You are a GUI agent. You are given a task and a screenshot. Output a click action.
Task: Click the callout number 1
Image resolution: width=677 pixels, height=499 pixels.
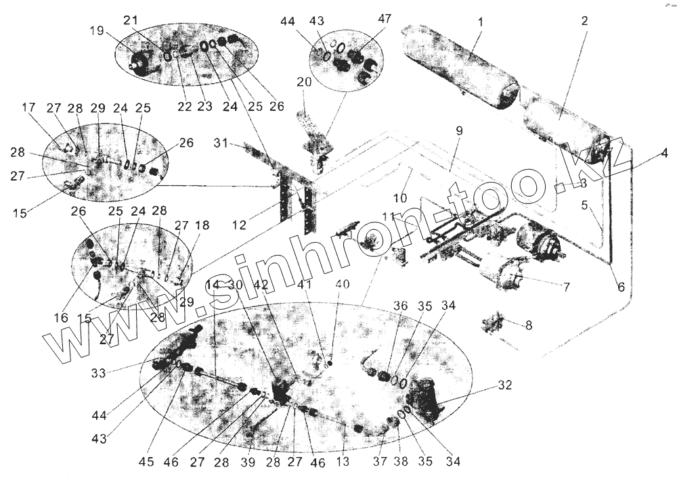coord(480,22)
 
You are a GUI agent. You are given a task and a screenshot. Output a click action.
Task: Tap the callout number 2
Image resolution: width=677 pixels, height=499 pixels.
coord(584,21)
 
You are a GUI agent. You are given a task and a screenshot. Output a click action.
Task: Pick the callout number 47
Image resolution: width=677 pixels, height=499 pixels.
coord(385,19)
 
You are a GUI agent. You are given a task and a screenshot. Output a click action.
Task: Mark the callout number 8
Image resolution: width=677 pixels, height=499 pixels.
coord(529,325)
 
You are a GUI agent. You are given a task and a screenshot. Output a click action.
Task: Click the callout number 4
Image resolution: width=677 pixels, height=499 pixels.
coord(664,153)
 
